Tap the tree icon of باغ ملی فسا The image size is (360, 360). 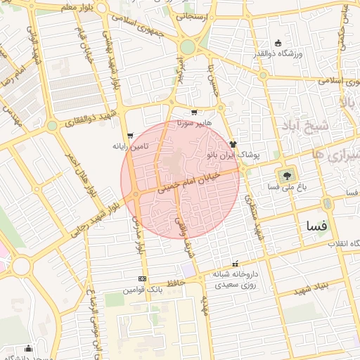click(287, 175)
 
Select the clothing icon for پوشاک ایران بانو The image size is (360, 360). click(233, 143)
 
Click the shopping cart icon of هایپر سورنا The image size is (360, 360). click(194, 112)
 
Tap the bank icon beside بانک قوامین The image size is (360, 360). click(143, 279)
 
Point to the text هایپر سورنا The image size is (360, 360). click(193, 123)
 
